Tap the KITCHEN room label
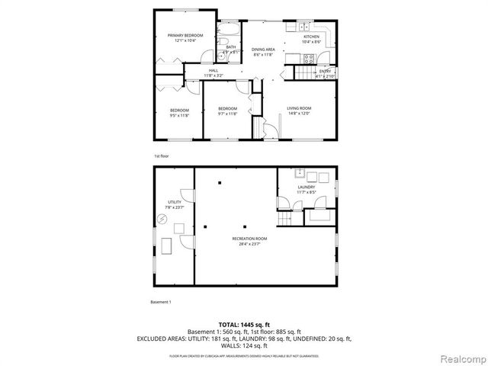pos(311,37)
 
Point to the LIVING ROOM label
pos(299,108)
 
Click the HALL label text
pos(213,71)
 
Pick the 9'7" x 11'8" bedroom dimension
pos(227,114)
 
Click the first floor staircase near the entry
pos(306,72)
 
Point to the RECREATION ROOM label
pos(249,239)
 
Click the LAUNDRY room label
pos(307,187)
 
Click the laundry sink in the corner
pos(300,173)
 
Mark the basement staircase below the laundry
pos(285,219)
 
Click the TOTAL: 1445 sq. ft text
pos(244,324)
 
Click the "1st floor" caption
pos(161,156)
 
